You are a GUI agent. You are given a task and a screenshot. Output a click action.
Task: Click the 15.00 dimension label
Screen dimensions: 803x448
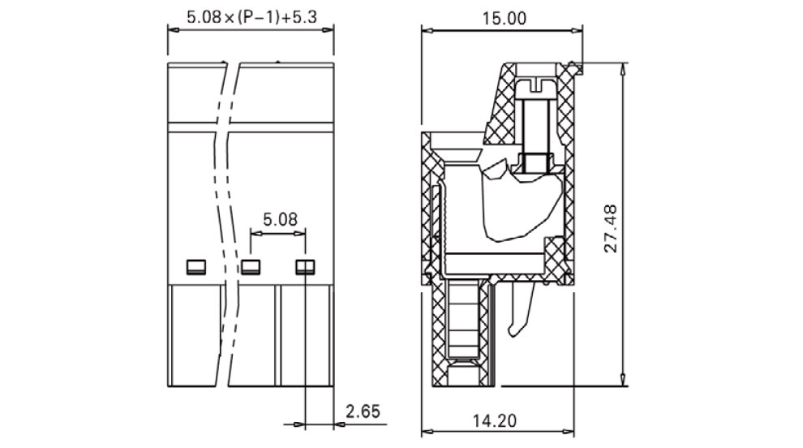pyautogui.click(x=504, y=19)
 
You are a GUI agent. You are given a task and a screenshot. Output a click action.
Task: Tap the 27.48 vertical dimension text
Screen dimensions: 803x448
pyautogui.click(x=611, y=228)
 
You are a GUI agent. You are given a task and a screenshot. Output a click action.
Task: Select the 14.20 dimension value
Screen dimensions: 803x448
pyautogui.click(x=494, y=421)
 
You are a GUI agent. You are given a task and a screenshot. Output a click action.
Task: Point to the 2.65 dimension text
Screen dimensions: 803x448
pyautogui.click(x=363, y=411)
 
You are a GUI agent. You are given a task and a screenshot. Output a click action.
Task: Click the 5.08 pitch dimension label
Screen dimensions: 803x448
pyautogui.click(x=280, y=219)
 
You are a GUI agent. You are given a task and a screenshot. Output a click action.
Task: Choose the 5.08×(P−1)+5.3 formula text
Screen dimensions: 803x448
pyautogui.click(x=251, y=17)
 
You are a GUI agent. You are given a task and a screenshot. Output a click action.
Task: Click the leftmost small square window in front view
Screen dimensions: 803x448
pyautogui.click(x=195, y=267)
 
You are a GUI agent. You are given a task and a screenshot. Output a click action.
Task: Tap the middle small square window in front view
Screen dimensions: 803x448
pyautogui.click(x=251, y=267)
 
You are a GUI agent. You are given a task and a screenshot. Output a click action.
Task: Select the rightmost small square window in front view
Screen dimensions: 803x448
pyautogui.click(x=305, y=267)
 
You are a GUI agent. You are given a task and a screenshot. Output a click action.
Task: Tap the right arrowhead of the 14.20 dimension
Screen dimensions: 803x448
pyautogui.click(x=568, y=432)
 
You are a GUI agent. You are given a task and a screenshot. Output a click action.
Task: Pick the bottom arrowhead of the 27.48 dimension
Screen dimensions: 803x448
pyautogui.click(x=623, y=379)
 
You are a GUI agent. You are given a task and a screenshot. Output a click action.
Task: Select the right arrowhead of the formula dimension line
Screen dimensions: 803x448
pyautogui.click(x=327, y=30)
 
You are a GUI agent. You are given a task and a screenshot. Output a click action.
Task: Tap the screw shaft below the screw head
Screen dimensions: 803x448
pyautogui.click(x=536, y=126)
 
